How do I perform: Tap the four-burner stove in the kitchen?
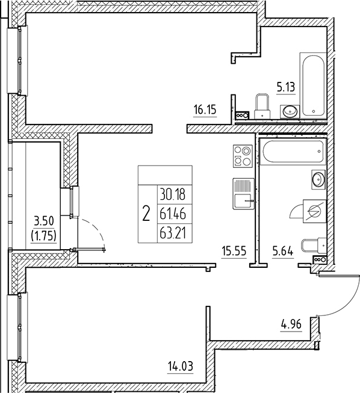point(242,156)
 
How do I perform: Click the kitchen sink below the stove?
point(243,195)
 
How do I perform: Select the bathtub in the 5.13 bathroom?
point(313,85)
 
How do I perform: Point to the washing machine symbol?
point(313,211)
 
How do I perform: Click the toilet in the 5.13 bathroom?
point(262,107)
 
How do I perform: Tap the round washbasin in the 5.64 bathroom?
point(317,179)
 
